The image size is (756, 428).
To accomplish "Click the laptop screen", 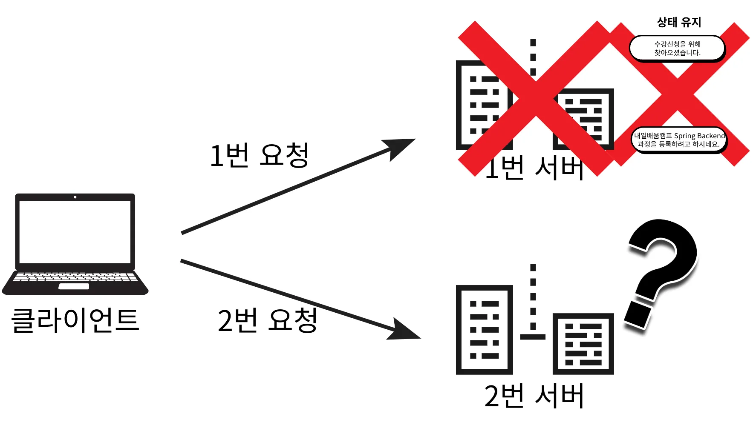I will [75, 232].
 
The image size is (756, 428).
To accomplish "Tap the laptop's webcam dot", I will [75, 197].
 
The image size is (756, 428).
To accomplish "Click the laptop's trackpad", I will [74, 286].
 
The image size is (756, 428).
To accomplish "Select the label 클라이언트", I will [75, 320].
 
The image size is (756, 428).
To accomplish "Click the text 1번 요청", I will [259, 155].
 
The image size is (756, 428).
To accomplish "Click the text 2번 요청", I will [267, 320].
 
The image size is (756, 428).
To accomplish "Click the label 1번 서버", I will [534, 168].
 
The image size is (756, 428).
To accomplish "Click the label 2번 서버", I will [534, 396].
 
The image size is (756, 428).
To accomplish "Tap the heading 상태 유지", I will [679, 22].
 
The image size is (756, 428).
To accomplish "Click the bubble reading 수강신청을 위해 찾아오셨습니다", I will [677, 49].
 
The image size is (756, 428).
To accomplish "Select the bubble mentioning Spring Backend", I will [679, 140].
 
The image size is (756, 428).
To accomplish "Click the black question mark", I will [663, 264].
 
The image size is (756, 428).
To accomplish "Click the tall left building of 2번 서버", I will [484, 330].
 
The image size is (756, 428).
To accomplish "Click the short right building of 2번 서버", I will [583, 344].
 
